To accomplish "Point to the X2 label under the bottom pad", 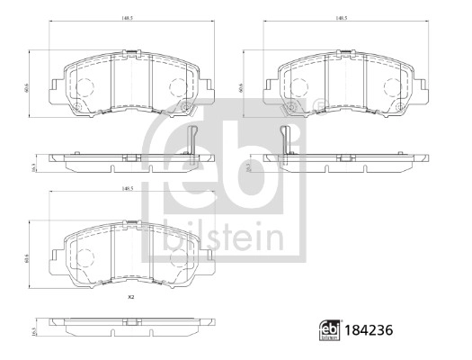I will [x=130, y=297].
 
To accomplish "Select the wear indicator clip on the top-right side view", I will [x=285, y=139].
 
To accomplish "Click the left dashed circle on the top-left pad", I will [x=83, y=86].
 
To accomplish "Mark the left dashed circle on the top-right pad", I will [x=298, y=86].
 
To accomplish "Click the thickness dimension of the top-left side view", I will [x=35, y=167].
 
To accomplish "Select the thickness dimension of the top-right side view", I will [x=246, y=167].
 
